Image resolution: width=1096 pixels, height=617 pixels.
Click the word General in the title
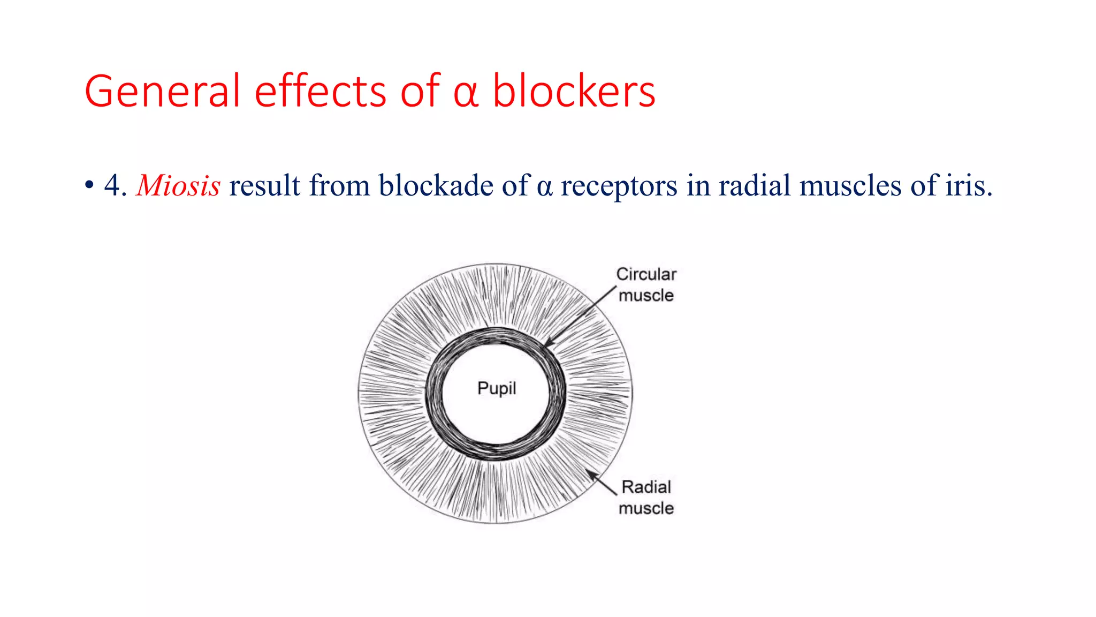point(162,91)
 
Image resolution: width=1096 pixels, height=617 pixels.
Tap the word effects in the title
point(320,91)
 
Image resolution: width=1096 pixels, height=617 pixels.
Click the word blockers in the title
point(573,91)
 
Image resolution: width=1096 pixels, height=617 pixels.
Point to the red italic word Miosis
point(178,186)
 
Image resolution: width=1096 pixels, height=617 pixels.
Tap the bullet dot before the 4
point(89,186)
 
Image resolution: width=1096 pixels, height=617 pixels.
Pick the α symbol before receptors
point(544,187)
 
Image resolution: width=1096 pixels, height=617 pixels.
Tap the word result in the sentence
point(264,185)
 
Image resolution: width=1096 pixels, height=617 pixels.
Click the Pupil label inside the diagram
point(497,388)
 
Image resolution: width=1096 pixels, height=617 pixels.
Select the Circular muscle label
point(646,284)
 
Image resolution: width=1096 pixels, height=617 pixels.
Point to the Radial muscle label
point(646,498)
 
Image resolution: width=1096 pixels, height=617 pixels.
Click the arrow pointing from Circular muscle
point(581,316)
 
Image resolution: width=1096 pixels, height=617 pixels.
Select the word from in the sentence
point(339,185)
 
